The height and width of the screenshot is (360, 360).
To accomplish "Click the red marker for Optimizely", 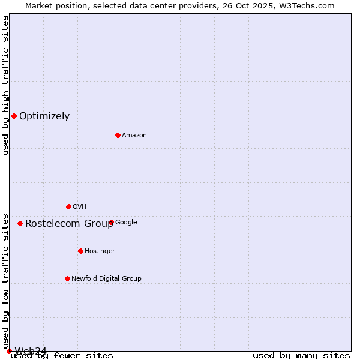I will (x=14, y=116).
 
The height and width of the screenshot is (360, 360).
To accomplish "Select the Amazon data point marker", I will (x=118, y=135).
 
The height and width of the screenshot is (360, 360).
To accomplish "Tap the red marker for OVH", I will (x=68, y=206).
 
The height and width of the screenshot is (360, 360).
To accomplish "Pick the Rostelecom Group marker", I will (x=20, y=223).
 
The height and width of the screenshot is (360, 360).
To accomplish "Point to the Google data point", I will (x=111, y=222).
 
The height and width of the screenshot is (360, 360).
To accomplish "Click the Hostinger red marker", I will (x=80, y=251).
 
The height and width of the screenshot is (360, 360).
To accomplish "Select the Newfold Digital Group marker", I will (x=67, y=278).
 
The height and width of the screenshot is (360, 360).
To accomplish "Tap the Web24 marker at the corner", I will (x=9, y=351).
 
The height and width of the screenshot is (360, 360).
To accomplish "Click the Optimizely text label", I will (x=44, y=116).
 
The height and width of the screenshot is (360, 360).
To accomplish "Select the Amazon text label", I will (x=134, y=136).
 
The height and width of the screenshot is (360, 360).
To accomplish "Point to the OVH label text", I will (x=80, y=207).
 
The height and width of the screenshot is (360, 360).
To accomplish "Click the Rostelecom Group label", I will (x=69, y=224).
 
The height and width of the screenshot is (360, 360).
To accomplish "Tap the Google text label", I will (x=126, y=223).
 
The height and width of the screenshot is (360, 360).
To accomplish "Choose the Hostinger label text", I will (x=100, y=251).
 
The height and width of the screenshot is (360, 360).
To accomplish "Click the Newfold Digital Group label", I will (x=106, y=279).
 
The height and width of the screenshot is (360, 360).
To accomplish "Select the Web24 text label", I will (x=31, y=351).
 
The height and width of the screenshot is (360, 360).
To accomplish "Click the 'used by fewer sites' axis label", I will (x=62, y=356).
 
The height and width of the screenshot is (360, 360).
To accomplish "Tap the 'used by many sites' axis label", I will (x=301, y=356).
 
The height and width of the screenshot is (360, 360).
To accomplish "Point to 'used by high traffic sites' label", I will (x=6, y=85).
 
